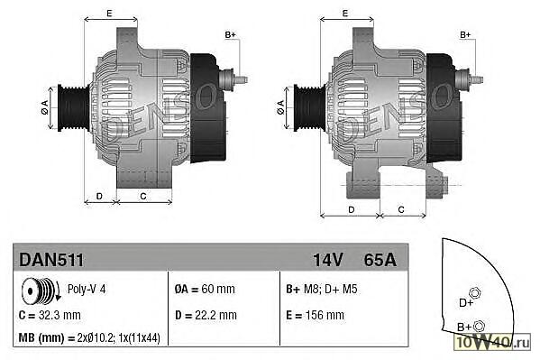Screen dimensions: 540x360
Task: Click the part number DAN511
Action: point(51,260)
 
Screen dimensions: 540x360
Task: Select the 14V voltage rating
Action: point(328,260)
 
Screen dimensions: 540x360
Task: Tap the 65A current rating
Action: point(380,260)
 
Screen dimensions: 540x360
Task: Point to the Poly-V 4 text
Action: point(87,289)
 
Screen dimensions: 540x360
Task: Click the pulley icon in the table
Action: point(41,291)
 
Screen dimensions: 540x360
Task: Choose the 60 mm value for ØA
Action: point(218,289)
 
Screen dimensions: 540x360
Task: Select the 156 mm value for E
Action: point(325,315)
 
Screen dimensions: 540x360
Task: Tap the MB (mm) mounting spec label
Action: point(41,338)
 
